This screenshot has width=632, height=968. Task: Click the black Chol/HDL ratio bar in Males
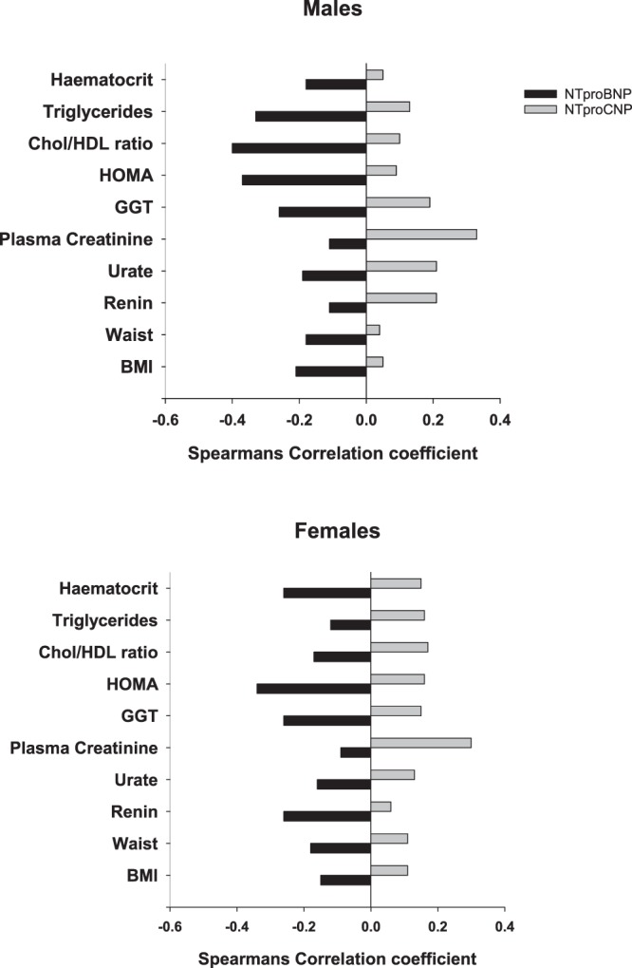(x=299, y=148)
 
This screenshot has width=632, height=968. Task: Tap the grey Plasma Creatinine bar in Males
(x=421, y=234)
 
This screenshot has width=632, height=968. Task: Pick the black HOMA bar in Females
(x=313, y=688)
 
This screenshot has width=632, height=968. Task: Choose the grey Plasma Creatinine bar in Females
(x=420, y=743)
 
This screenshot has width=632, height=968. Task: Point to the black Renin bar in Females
(x=326, y=816)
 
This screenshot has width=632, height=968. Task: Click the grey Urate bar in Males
(x=401, y=266)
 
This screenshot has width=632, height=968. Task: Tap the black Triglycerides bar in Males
(x=310, y=116)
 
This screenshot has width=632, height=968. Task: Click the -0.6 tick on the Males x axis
(x=165, y=420)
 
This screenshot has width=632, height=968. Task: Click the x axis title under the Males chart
(x=332, y=452)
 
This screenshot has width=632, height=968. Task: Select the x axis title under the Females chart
(x=332, y=957)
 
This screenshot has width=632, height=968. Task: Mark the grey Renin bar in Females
(x=381, y=807)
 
